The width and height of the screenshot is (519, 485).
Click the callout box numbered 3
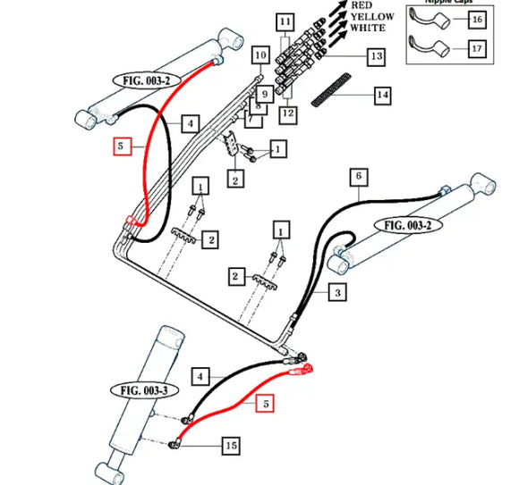[x=337, y=292]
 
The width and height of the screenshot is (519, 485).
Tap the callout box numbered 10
[x=259, y=56]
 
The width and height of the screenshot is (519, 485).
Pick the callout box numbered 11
[x=285, y=21]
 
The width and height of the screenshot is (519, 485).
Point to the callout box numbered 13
[x=376, y=56]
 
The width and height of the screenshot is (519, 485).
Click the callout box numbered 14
[x=381, y=94]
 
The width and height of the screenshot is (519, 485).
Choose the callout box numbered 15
[x=231, y=445]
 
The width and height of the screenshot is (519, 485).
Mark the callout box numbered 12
[x=286, y=113]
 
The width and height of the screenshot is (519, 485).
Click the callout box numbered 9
[x=264, y=92]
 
